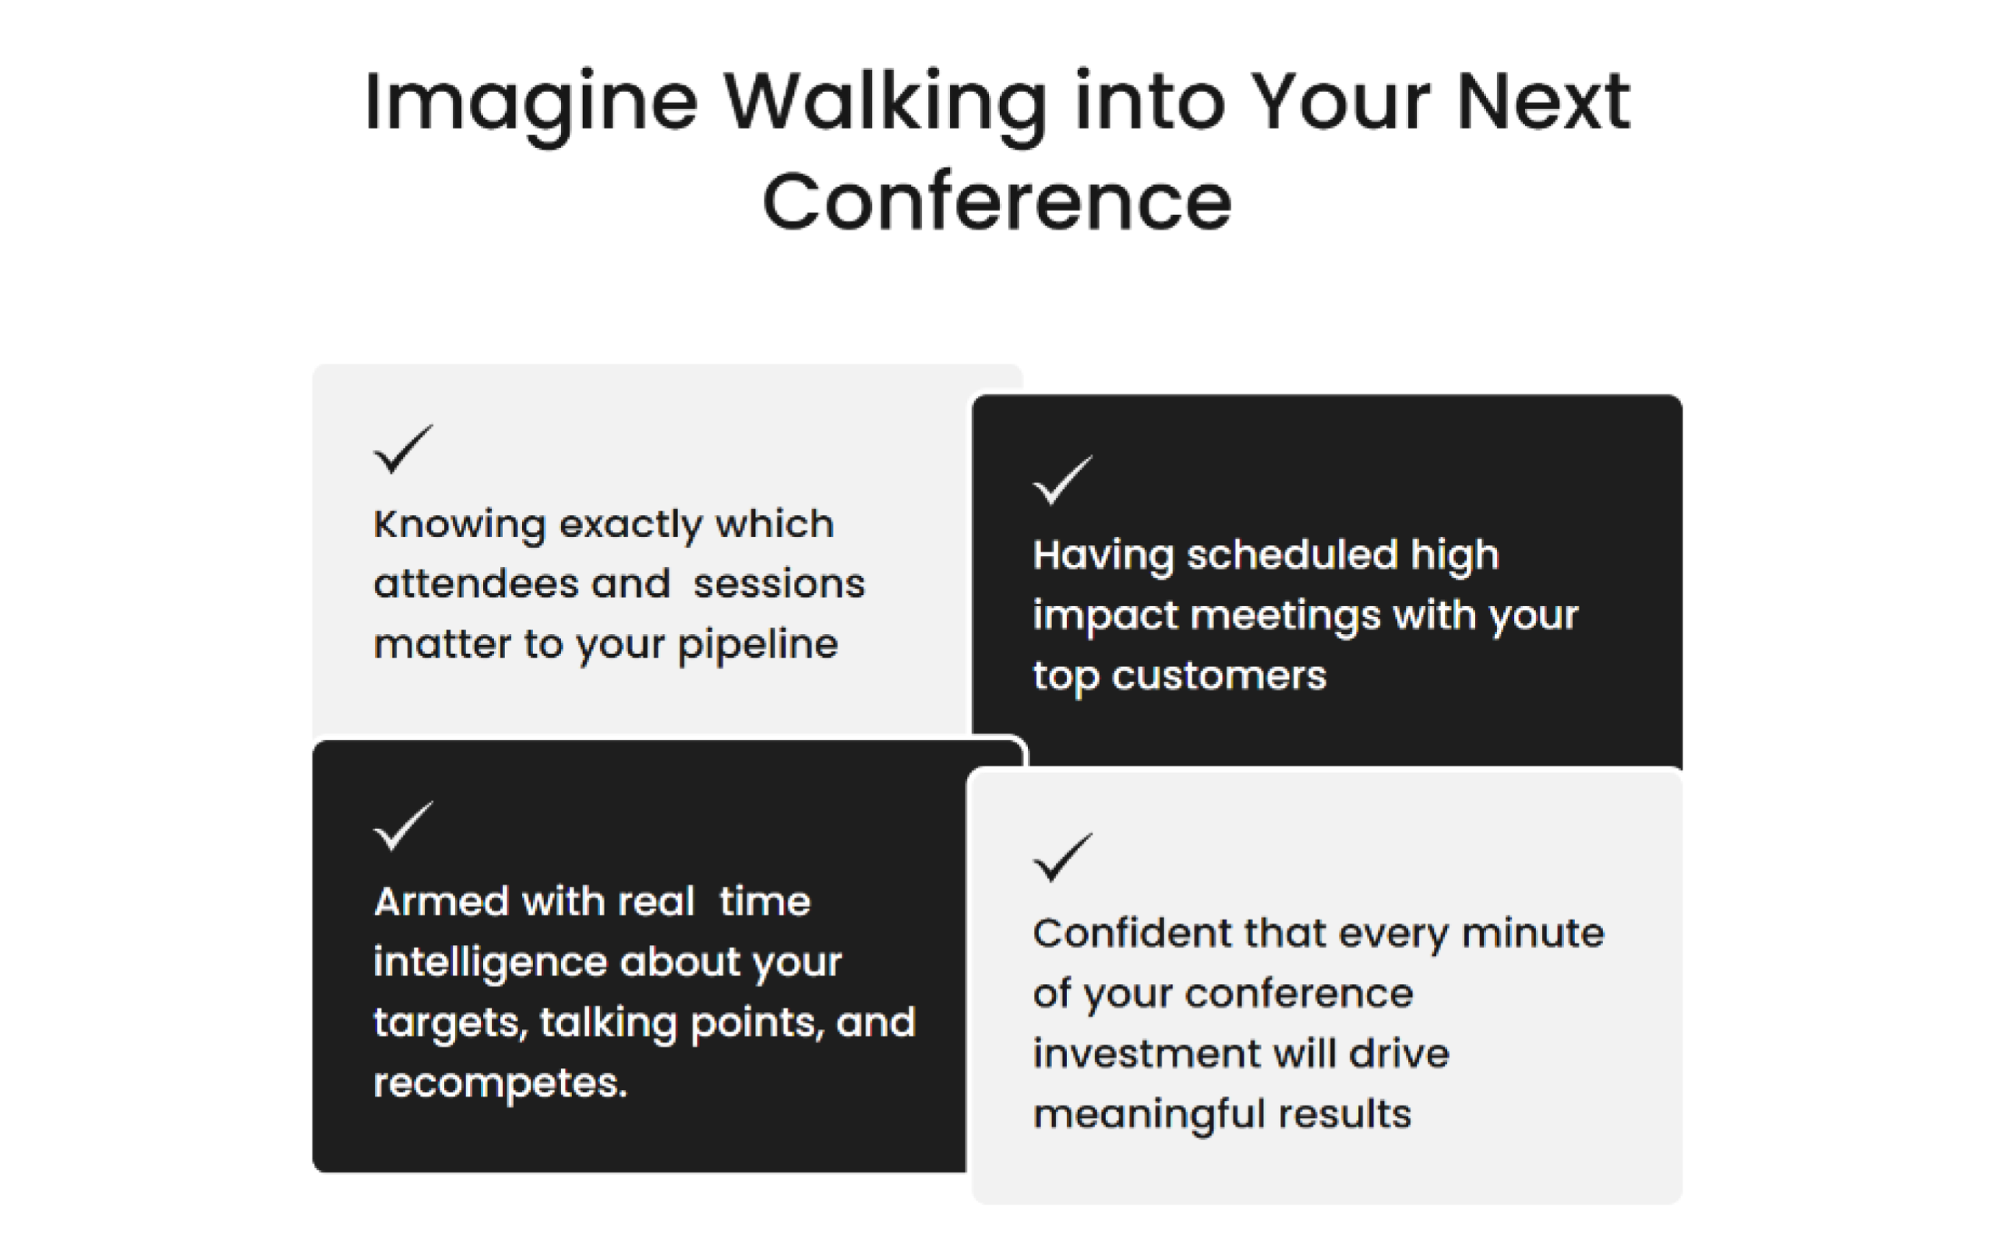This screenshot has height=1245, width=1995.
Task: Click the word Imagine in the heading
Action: [x=531, y=106]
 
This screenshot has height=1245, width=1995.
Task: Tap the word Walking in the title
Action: [x=886, y=106]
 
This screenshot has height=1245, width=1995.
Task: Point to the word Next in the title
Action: [x=1543, y=102]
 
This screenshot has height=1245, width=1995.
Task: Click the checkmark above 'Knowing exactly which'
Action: [x=404, y=450]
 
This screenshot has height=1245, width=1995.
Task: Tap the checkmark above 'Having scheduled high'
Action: [x=1063, y=480]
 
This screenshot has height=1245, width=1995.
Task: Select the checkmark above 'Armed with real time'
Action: [x=404, y=826]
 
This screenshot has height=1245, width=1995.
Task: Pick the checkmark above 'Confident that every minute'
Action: [x=1063, y=858]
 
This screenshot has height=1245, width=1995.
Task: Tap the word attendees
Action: [x=476, y=584]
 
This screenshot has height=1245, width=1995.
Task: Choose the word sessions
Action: [x=779, y=584]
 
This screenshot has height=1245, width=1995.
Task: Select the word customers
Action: [x=1220, y=676]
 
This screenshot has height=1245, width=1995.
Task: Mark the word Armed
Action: [x=442, y=901]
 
